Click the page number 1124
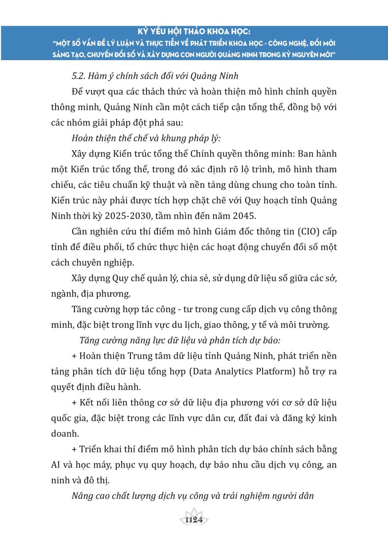point(193,520)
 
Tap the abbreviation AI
point(57,464)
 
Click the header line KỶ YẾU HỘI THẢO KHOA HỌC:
point(194,32)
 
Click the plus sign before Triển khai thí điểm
point(74,449)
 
